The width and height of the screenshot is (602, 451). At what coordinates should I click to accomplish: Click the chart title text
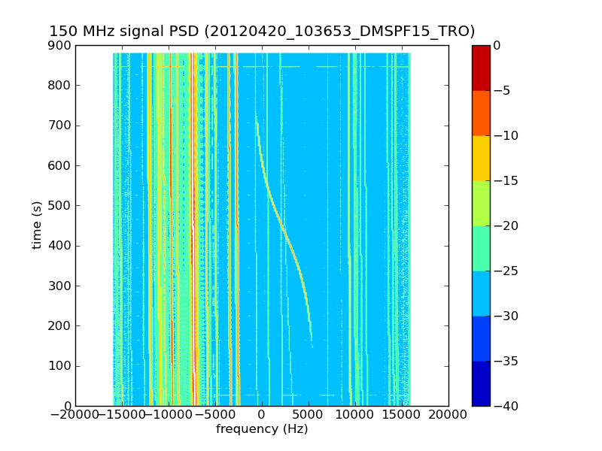(x=262, y=32)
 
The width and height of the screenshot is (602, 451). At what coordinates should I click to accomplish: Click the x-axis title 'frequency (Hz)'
(x=262, y=429)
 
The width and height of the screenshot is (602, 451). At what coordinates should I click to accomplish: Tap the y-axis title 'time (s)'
(x=37, y=225)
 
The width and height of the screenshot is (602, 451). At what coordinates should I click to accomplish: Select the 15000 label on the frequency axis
(x=402, y=415)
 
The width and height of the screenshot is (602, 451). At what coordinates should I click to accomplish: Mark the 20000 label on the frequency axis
(x=448, y=415)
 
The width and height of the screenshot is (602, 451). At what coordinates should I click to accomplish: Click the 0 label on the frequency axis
(x=262, y=415)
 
